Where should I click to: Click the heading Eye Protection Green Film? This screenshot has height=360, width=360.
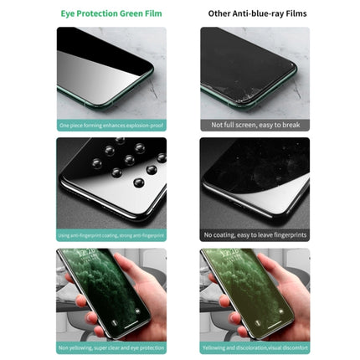pos(111,14)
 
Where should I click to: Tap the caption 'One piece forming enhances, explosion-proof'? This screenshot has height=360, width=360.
pos(111,125)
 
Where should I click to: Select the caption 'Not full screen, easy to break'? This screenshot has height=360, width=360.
pos(255,125)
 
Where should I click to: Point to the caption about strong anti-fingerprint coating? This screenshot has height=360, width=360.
pos(111,235)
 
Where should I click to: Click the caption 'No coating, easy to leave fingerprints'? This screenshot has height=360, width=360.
pos(255,235)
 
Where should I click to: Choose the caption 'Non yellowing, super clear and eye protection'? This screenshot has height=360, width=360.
pos(111,347)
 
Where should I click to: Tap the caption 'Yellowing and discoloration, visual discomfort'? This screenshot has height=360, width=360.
pos(255,347)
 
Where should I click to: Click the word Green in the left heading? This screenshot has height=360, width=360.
pos(135,14)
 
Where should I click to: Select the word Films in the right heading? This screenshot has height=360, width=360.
pos(296,14)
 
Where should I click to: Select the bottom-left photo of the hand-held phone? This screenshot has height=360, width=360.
pos(111,294)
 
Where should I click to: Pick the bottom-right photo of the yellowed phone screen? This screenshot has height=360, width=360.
pos(255,294)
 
